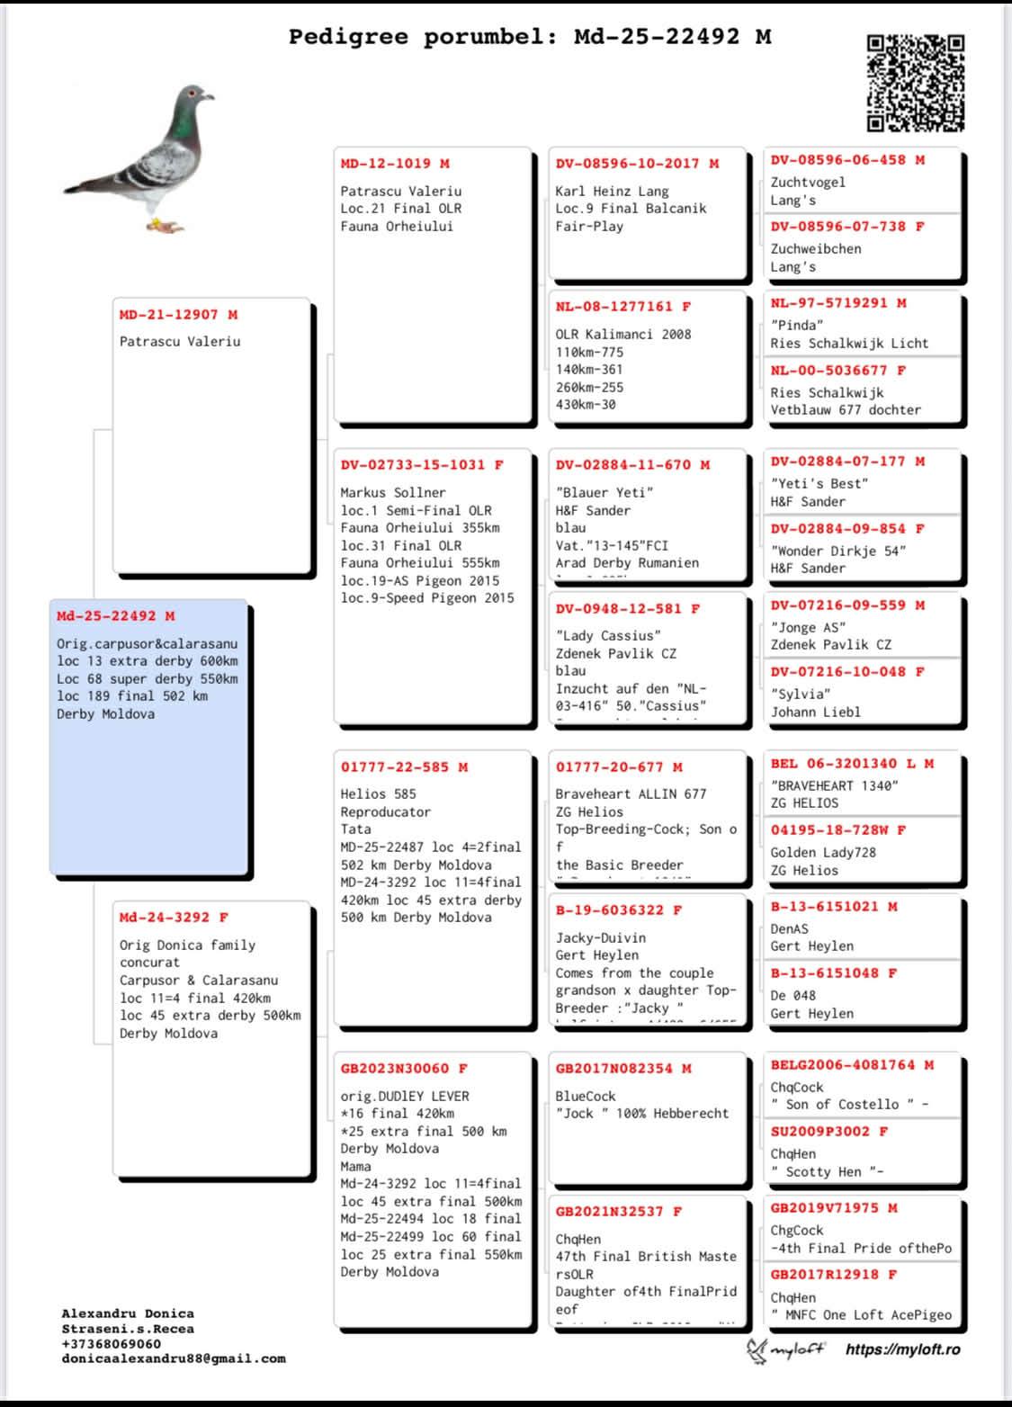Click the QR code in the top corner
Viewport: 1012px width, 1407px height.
pos(915,83)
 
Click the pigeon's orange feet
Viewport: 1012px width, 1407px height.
pos(165,225)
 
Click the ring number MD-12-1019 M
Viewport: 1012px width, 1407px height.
pos(395,164)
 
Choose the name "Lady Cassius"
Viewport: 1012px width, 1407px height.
pos(608,635)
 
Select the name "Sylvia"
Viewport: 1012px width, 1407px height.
pos(801,694)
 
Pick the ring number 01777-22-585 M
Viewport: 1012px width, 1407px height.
pos(404,767)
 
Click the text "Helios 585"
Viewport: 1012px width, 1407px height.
pos(378,793)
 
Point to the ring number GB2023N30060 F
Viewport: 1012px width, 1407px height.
pos(404,1069)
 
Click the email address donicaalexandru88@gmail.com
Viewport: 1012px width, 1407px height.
pos(174,1358)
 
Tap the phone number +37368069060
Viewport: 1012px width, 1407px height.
pos(112,1344)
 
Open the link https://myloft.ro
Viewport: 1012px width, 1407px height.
pos(902,1349)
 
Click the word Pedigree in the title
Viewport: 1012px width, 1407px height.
pos(348,37)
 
